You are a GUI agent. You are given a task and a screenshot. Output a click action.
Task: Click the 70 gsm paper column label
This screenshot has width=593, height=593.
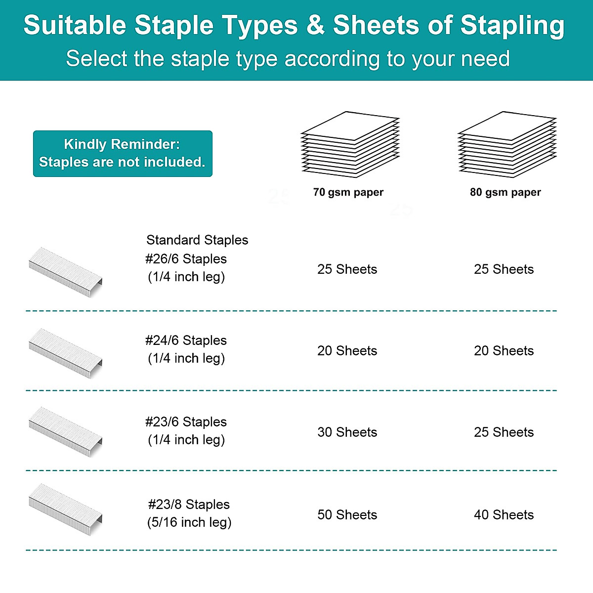click(x=348, y=192)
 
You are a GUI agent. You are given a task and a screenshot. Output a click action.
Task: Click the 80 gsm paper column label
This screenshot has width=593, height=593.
click(x=505, y=192)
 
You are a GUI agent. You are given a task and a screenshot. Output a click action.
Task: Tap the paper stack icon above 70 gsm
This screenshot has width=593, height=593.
click(x=350, y=144)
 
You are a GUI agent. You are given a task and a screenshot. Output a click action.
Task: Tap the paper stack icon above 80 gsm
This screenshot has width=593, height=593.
click(x=507, y=144)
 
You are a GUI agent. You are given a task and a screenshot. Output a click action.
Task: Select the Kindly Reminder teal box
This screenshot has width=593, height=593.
click(x=123, y=154)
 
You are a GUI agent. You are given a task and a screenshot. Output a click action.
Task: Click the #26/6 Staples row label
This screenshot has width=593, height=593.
click(x=186, y=259)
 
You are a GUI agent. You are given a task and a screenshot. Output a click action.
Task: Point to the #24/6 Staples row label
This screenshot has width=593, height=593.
click(x=186, y=340)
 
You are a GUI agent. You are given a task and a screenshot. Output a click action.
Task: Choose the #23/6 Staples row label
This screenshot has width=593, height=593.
click(x=186, y=422)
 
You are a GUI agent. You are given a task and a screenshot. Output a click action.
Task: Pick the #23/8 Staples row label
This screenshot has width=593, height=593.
click(x=189, y=505)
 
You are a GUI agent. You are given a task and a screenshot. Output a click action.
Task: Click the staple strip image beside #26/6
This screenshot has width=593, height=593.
click(x=66, y=272)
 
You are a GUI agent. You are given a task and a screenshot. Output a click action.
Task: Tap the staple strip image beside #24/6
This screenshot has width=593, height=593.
click(x=66, y=353)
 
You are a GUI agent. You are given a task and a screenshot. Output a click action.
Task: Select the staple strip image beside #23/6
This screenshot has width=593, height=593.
click(x=66, y=432)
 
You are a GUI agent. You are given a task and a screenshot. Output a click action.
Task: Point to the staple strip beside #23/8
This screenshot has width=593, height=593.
click(x=66, y=509)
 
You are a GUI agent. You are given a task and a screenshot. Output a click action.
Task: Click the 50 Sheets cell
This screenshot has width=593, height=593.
click(x=347, y=515)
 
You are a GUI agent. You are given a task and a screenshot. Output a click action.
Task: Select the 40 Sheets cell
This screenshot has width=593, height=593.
click(x=504, y=515)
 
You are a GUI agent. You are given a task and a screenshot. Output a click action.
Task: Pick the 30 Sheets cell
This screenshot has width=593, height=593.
click(x=347, y=432)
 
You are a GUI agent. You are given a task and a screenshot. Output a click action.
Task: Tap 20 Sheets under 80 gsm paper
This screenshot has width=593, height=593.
click(x=504, y=351)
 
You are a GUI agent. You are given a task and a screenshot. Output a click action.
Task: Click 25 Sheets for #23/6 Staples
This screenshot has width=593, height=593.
click(x=504, y=432)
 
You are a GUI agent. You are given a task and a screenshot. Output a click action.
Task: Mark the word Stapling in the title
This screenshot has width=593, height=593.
click(x=512, y=26)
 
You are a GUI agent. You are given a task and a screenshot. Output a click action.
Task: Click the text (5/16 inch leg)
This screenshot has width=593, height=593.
click(x=189, y=522)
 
